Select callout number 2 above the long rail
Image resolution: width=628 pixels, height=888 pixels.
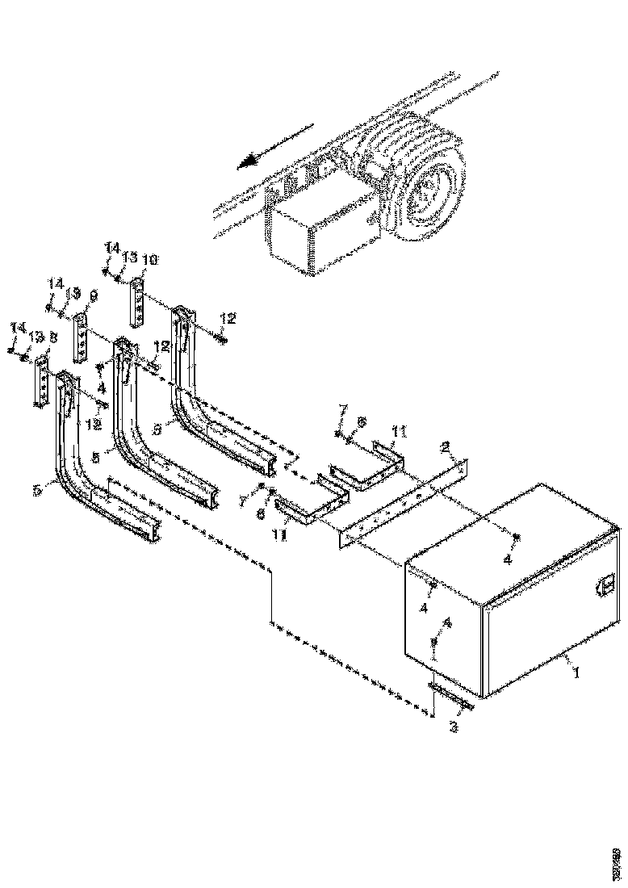click(x=444, y=446)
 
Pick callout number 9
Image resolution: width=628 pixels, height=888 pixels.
click(x=93, y=297)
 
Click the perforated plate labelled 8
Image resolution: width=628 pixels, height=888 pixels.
click(x=41, y=384)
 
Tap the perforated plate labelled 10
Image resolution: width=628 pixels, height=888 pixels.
click(x=138, y=299)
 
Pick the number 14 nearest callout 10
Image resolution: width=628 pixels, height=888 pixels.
click(x=111, y=247)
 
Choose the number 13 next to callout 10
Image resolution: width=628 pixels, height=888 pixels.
click(x=129, y=259)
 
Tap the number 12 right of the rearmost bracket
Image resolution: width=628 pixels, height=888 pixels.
click(x=228, y=319)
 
